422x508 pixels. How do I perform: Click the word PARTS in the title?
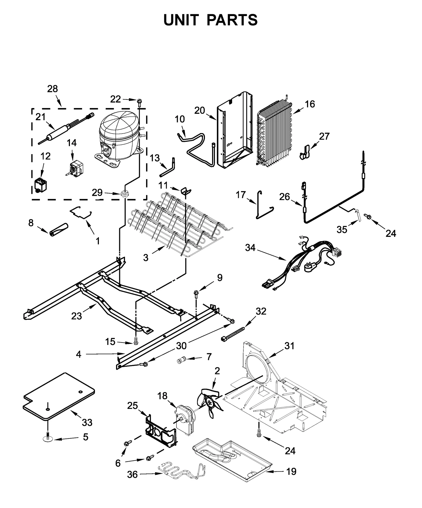tap(232, 20)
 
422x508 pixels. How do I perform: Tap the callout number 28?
tap(52, 89)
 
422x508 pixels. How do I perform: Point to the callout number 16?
tap(310, 104)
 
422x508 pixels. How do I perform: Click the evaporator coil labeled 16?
tap(274, 134)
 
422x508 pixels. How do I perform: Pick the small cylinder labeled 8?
tap(59, 229)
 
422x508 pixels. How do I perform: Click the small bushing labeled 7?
tap(182, 359)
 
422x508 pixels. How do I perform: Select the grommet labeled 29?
tap(124, 195)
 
